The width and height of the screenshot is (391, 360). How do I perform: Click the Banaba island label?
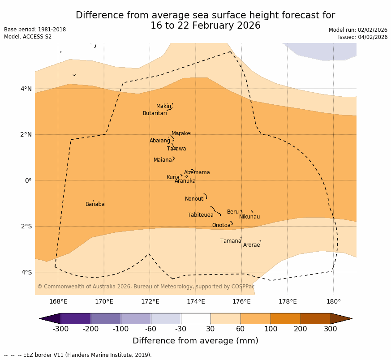pyautogui.click(x=95, y=204)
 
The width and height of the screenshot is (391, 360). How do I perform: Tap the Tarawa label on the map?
pyautogui.click(x=176, y=149)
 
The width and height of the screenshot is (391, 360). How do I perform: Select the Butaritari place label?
pyautogui.click(x=155, y=113)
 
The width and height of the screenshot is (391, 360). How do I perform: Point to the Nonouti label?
pyautogui.click(x=195, y=199)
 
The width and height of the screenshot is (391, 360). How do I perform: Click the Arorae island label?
pyautogui.click(x=251, y=245)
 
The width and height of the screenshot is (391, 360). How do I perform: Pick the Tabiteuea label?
pyautogui.click(x=201, y=215)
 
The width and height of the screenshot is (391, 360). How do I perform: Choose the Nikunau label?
pyautogui.click(x=249, y=217)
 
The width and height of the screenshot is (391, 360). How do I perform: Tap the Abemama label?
pyautogui.click(x=197, y=172)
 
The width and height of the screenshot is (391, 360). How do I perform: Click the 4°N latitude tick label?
pyautogui.click(x=26, y=89)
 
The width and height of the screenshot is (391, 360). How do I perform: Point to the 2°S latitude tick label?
pyautogui.click(x=26, y=226)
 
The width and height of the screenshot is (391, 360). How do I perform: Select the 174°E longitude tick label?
pyautogui.click(x=196, y=301)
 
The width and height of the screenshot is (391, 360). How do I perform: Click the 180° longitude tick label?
pyautogui.click(x=333, y=301)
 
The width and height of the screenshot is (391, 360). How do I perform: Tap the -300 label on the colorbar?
pyautogui.click(x=60, y=329)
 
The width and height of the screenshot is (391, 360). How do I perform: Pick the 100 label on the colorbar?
pyautogui.click(x=271, y=329)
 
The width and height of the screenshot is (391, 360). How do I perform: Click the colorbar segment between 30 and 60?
pyautogui.click(x=225, y=318)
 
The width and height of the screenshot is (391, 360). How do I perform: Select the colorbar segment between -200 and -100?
pyautogui.click(x=106, y=318)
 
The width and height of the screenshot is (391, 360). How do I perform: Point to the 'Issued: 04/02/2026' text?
pyautogui.click(x=362, y=37)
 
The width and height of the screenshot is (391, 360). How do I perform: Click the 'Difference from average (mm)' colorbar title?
pyautogui.click(x=195, y=341)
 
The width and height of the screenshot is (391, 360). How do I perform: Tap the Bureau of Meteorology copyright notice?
pyautogui.click(x=146, y=287)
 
